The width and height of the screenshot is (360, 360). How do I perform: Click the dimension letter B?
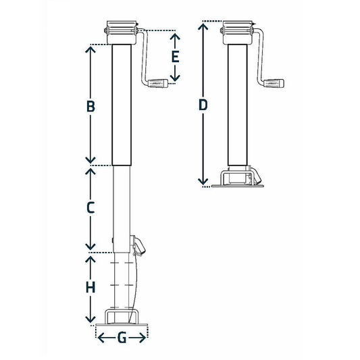pos(90,106)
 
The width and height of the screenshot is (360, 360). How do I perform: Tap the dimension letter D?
pos(202,105)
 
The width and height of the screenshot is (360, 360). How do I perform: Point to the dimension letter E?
pos(174,57)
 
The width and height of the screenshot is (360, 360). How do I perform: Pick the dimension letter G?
pos(122,338)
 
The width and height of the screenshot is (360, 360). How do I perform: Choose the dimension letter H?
pos(89,287)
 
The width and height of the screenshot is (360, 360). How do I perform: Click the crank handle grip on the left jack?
pos(158,84)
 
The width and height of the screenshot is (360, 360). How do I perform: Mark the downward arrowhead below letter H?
pos(89,318)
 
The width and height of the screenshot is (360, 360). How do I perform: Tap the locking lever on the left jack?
pos(139,247)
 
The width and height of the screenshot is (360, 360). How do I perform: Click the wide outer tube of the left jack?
pos(122,101)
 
